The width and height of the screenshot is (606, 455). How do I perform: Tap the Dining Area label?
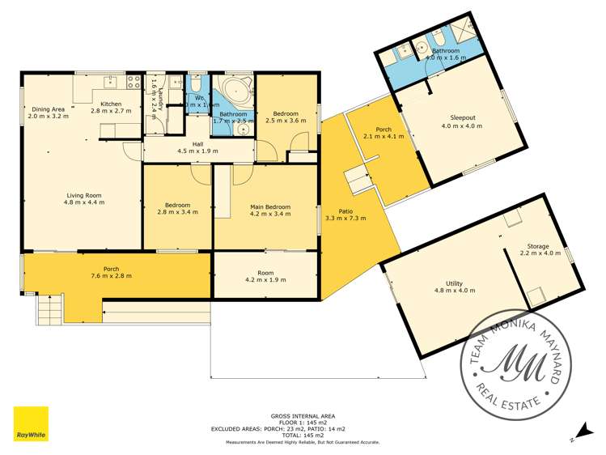pyautogui.click(x=48, y=109)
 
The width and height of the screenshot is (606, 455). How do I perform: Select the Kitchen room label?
pyautogui.click(x=106, y=104)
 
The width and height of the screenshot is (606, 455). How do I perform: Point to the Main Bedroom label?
pyautogui.click(x=265, y=207)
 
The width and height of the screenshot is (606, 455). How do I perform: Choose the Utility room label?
pyautogui.click(x=454, y=282)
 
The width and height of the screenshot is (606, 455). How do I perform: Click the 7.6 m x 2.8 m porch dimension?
pyautogui.click(x=111, y=276)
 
